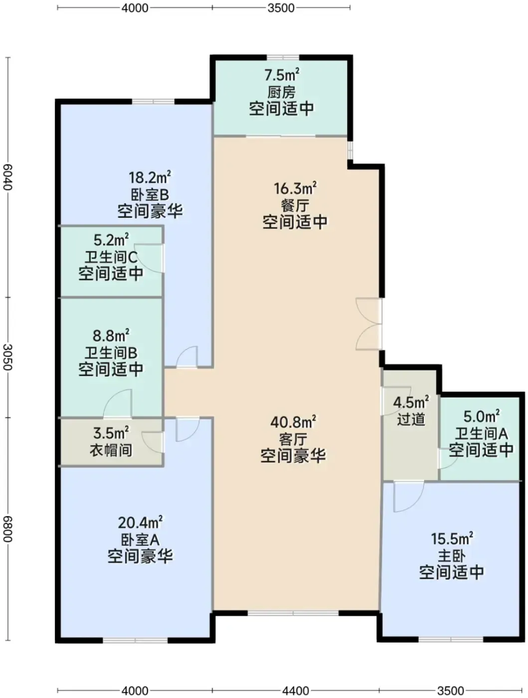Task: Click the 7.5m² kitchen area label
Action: [x=282, y=75]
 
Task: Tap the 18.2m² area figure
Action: [x=150, y=177]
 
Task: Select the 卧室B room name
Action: [x=150, y=194]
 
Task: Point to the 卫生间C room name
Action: [x=111, y=257]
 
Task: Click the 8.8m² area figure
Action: [x=111, y=336]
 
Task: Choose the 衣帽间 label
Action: [x=111, y=450]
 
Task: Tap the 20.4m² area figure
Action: [x=140, y=523]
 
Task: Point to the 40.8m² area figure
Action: [x=293, y=422]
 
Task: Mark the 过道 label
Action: [x=411, y=419]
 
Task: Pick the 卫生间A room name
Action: [x=481, y=433]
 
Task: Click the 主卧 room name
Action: [x=452, y=556]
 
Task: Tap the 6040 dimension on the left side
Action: [x=7, y=177]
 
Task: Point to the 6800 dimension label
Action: [x=7, y=529]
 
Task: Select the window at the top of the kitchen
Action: [x=283, y=57]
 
